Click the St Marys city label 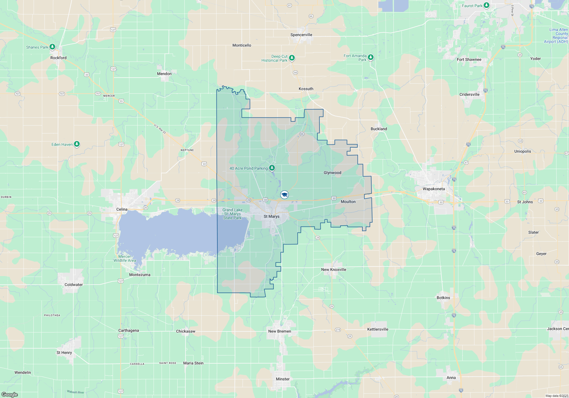(271, 216)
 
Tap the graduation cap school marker (284, 195)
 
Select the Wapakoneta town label (434, 189)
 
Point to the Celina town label (122, 209)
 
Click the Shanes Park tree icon (52, 47)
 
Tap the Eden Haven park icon (77, 144)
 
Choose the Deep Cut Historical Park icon (292, 58)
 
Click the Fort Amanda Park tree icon (370, 57)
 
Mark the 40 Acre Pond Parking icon (272, 168)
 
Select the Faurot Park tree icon (486, 5)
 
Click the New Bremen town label (279, 331)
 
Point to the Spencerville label (301, 35)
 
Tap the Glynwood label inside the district (332, 173)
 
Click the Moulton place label (348, 202)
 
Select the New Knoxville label (333, 270)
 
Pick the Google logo (10, 394)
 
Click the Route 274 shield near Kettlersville (338, 330)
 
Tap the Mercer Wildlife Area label (125, 258)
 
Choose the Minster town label (283, 379)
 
